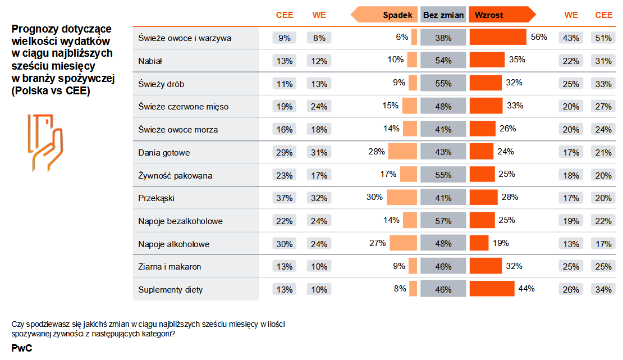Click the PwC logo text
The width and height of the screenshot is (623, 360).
21,348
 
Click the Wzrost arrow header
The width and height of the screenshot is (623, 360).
500,15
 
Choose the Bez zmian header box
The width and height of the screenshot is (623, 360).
443,15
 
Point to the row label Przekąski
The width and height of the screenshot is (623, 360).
157,198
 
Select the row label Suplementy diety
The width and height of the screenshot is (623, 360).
171,290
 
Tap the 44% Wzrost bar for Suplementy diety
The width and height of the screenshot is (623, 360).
492,289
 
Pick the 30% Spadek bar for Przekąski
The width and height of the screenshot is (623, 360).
402,198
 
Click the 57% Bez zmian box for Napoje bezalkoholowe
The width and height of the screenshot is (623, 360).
443,221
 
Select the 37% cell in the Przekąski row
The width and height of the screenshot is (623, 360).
285,198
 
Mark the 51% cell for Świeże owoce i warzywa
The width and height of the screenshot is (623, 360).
604,38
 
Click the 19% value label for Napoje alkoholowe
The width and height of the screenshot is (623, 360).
501,243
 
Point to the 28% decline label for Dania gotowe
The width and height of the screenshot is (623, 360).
377,151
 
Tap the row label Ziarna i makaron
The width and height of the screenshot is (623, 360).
170,267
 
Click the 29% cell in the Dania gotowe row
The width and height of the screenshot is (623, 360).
285,153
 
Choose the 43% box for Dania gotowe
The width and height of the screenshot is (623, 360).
443,152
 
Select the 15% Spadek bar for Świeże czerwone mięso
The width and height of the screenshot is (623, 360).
410,106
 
